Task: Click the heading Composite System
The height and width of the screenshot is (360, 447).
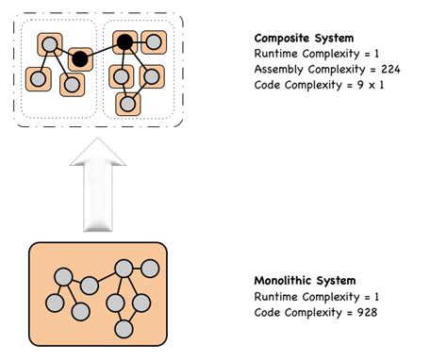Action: coord(304,39)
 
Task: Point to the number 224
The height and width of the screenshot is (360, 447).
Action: coord(389,70)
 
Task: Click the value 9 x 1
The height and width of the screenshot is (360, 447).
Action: coord(374,86)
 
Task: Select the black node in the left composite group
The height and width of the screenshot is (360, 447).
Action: coord(80,58)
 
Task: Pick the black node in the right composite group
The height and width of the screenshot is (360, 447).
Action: coord(123,41)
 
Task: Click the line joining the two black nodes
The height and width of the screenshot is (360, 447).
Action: coord(102,50)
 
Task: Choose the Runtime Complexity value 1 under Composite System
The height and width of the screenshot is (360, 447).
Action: coord(372,55)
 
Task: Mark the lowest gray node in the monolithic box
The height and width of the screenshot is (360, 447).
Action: coord(123,328)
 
